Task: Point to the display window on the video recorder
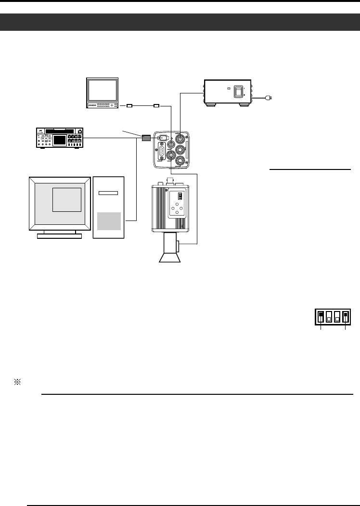point(61,140)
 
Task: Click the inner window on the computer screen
point(67,200)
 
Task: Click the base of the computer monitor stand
point(59,236)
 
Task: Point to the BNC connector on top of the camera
point(170,181)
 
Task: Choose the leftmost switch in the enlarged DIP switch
point(321,317)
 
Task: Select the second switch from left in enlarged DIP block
point(329,317)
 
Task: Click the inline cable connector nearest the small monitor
point(129,105)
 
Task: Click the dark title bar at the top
point(180,22)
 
